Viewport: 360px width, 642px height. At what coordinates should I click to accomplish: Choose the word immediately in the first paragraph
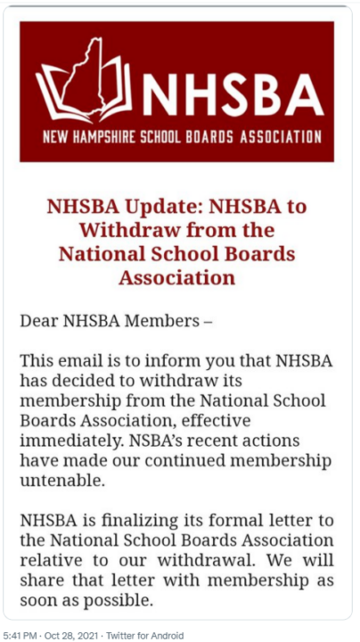(69, 440)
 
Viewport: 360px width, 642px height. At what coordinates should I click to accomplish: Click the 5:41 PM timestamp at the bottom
(20, 635)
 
